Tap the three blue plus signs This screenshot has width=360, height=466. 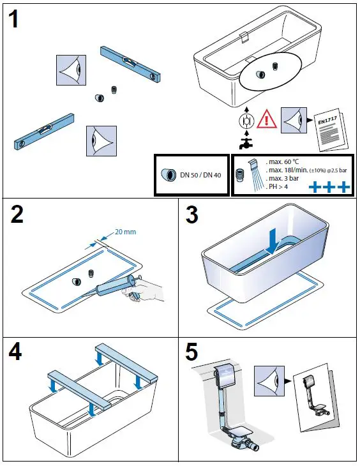click(329, 187)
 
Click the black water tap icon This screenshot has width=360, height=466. click(244, 142)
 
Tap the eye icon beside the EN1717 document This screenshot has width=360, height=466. click(292, 118)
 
